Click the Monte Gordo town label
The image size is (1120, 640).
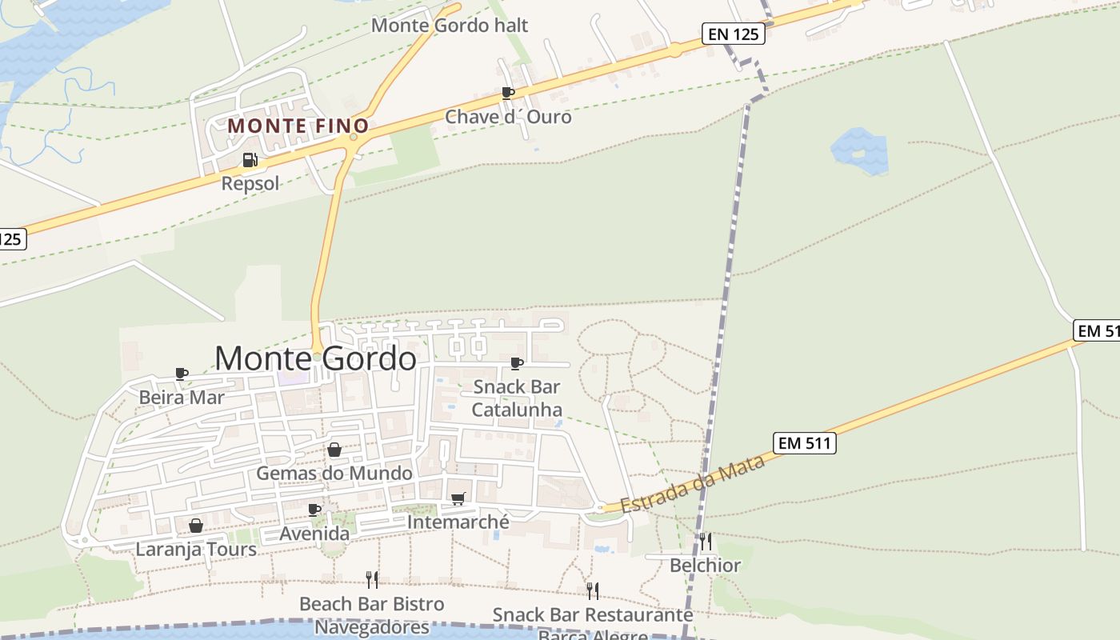tap(315, 358)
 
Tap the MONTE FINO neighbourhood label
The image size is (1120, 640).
tap(298, 126)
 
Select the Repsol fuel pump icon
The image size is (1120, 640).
tap(250, 160)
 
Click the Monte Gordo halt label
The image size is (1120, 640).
tap(450, 25)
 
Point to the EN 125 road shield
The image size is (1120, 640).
tap(733, 34)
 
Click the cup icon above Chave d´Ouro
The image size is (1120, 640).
tap(507, 93)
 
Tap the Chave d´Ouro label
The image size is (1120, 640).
tap(508, 117)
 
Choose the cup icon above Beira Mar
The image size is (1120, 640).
tap(182, 374)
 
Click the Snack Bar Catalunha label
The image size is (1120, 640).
tap(517, 398)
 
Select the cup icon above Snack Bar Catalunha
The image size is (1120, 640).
tap(517, 363)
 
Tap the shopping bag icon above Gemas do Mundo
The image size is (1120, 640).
tap(334, 450)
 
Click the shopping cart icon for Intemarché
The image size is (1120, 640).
tap(458, 499)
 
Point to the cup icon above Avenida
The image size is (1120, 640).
tap(314, 510)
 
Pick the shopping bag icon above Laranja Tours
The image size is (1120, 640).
tap(195, 526)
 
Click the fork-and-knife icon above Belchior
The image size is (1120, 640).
tap(705, 542)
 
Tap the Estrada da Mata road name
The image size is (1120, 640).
tap(693, 484)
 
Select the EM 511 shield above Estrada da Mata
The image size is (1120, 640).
tap(805, 442)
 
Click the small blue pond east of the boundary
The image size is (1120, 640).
tap(859, 151)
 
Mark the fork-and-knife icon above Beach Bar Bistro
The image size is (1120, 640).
tap(372, 579)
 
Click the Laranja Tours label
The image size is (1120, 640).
tap(196, 550)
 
